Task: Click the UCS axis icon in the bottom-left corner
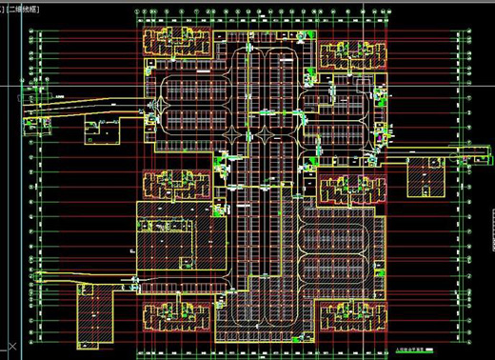point(11,342)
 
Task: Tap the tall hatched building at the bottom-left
point(90,313)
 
